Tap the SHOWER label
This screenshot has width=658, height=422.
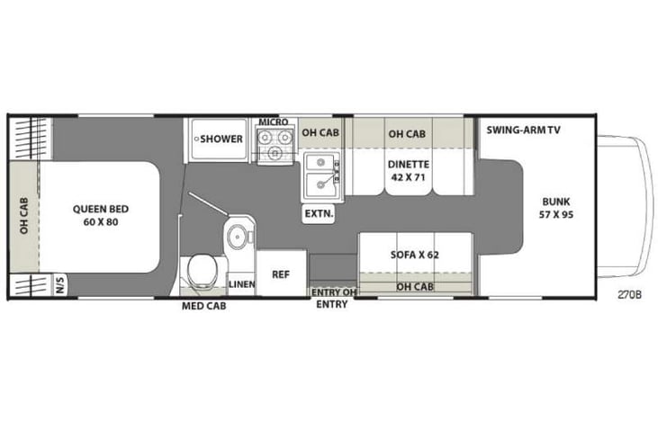(x=221, y=139)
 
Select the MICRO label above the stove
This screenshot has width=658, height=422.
(x=273, y=121)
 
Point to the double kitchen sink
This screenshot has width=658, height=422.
(x=319, y=175)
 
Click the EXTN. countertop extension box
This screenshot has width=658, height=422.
(x=319, y=214)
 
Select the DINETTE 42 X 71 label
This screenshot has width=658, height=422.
(x=409, y=171)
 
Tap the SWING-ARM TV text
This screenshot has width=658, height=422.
(x=523, y=130)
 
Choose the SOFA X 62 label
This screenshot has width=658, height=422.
(x=415, y=255)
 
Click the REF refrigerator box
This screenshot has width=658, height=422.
(x=281, y=275)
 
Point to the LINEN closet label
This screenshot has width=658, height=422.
(x=241, y=284)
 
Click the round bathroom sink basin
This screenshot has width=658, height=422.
(x=239, y=237)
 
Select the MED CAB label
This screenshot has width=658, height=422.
(x=204, y=306)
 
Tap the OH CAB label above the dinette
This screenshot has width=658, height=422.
(x=407, y=134)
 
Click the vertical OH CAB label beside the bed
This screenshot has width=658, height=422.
(x=24, y=216)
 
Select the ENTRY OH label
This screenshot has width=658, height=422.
(x=331, y=292)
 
